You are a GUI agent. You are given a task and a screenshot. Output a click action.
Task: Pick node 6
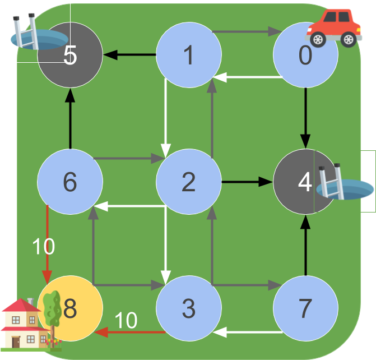click(70, 182)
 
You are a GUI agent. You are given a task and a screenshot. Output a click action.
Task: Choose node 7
click(305, 308)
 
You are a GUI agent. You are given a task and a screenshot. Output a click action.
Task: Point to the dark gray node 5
click(70, 55)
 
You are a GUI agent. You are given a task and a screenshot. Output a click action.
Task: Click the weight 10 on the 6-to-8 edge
click(43, 246)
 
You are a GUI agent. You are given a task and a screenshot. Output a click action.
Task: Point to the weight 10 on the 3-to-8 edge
click(126, 321)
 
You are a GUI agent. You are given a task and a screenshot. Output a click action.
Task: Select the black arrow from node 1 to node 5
click(129, 55)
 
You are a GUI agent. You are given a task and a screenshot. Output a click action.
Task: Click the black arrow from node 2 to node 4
click(247, 182)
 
